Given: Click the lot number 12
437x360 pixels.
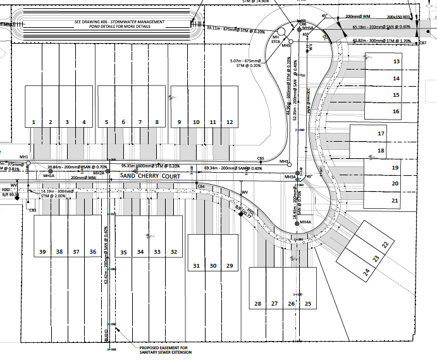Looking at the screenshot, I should pos(229,121).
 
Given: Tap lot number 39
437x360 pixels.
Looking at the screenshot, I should pos(42,252).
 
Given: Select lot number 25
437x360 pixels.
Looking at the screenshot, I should pos(308,304).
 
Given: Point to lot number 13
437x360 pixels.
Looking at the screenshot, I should pos(397,61).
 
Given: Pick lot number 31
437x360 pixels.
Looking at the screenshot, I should pos(197,266).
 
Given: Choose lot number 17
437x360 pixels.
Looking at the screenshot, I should pos(381,134).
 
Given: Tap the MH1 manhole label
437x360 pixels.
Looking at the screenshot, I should pos(24,157).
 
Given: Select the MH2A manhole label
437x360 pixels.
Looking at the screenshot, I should pos(99,173).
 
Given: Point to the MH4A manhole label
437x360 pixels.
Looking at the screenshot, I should pos(306,222).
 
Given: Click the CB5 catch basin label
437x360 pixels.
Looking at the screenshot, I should pos(261,159).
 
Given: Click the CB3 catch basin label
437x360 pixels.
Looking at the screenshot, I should pos(32,210).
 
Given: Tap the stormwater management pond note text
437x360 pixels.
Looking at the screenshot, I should pos(119,24).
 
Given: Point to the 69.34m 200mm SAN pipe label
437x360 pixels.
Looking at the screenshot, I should pos(233,168).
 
